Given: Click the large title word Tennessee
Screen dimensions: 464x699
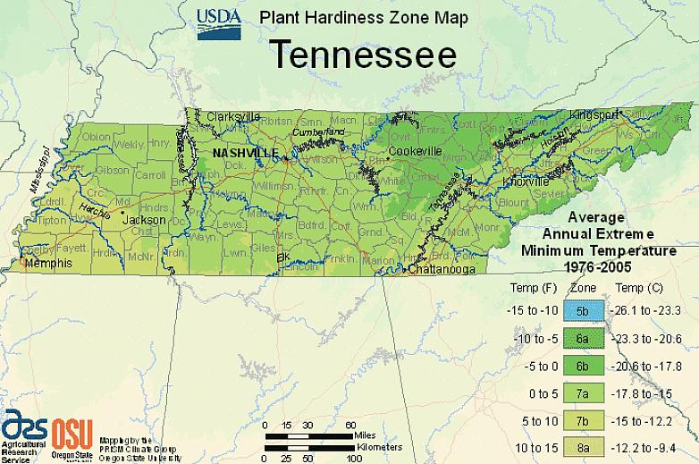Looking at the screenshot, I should coord(363,54).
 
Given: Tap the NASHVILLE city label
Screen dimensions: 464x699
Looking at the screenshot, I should coord(245,153).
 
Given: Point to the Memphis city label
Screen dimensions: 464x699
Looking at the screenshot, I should coord(45,265).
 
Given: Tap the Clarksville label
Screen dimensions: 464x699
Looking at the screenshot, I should coord(233,116).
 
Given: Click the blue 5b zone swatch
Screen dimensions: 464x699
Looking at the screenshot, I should coord(581,311).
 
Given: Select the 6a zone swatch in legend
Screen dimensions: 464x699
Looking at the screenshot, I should coord(581,338).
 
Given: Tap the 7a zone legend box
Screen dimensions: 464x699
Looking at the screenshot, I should coord(581,392).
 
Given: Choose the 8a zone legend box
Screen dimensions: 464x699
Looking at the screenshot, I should coord(581,445).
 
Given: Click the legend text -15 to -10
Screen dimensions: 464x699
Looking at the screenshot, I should coord(535,311).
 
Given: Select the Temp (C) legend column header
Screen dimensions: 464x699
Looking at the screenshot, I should coord(639,288).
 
